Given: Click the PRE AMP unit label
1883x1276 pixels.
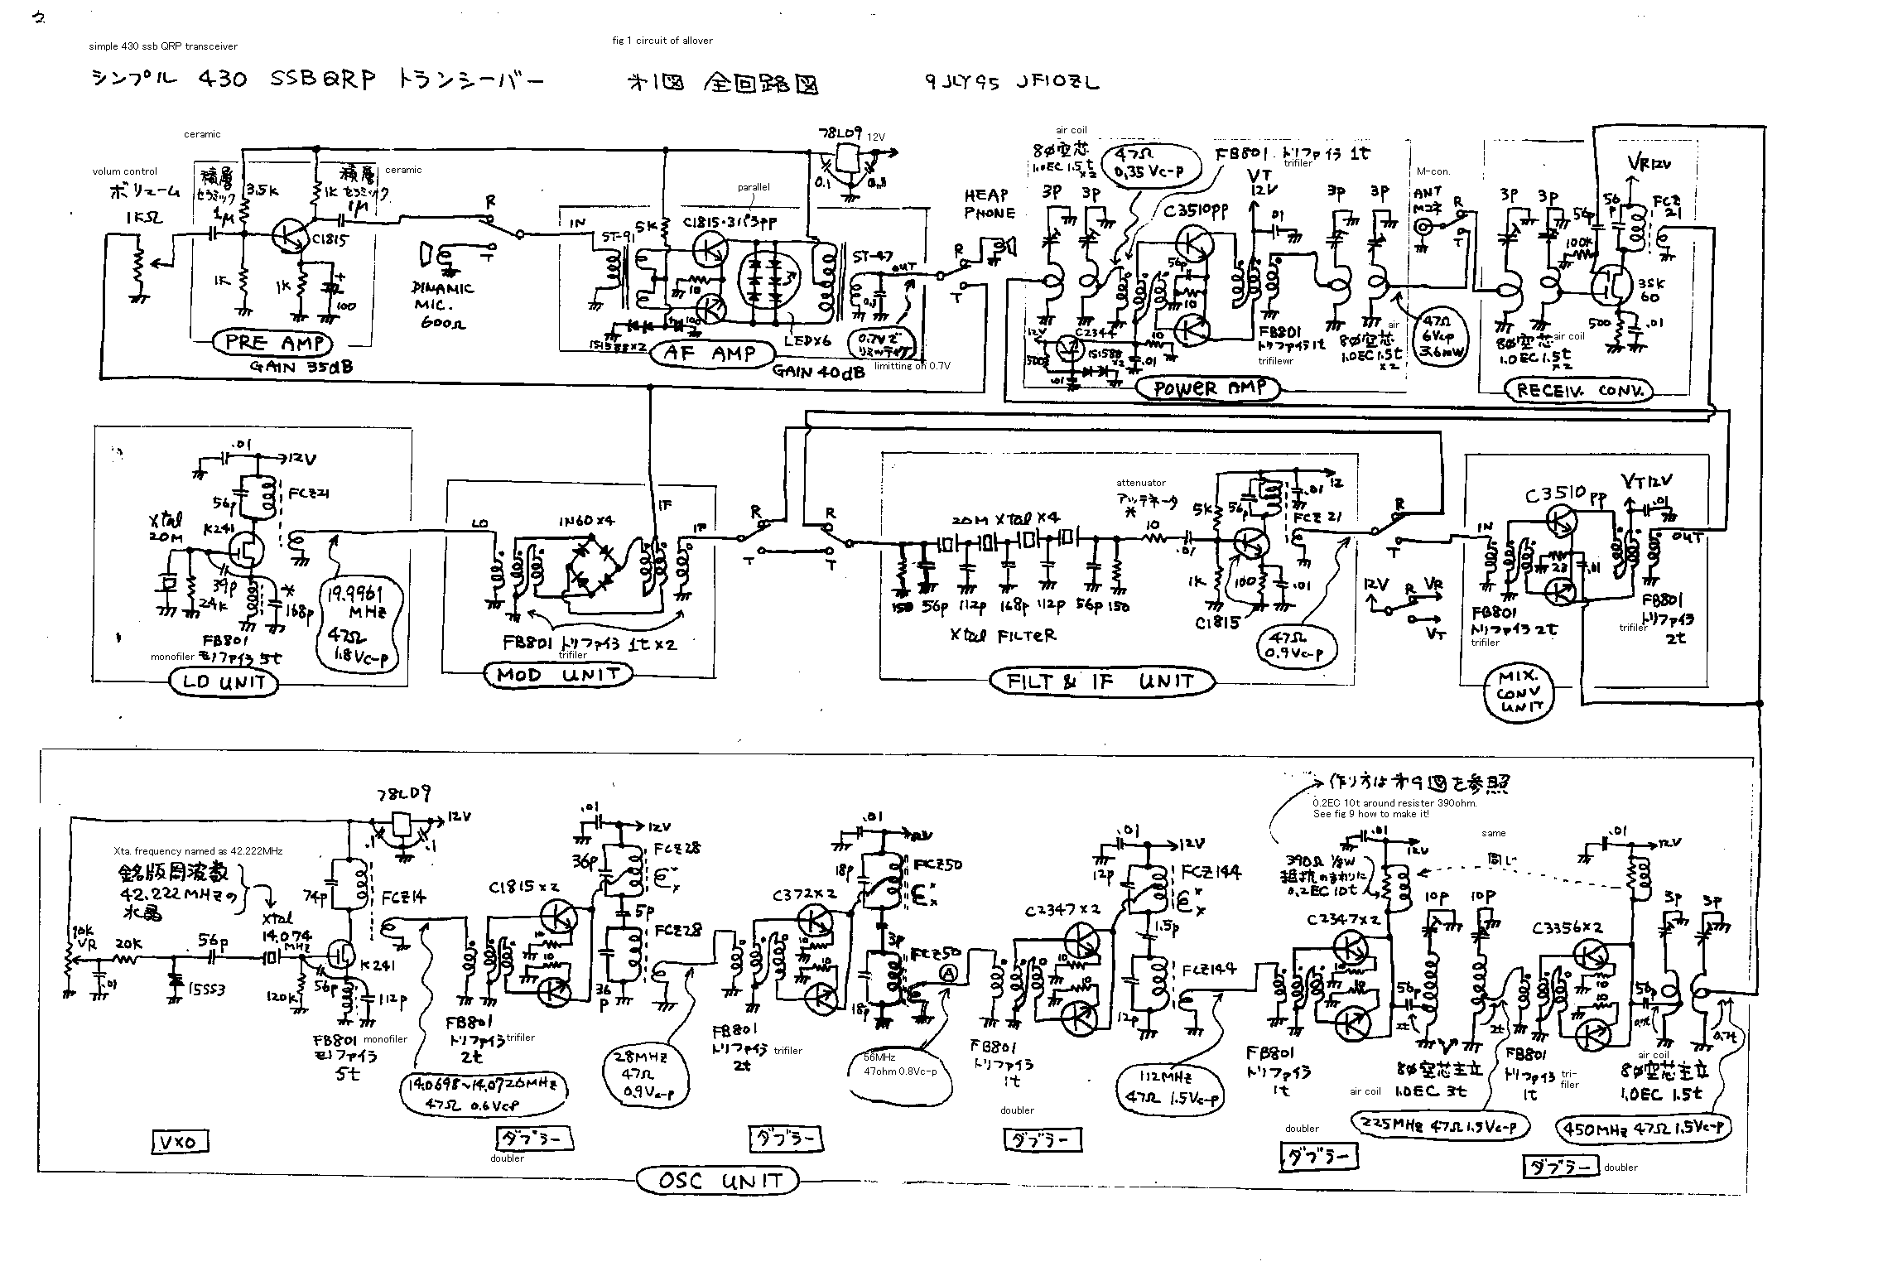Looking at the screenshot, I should click(x=272, y=342).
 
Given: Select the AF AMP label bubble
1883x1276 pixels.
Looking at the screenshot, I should click(x=710, y=354).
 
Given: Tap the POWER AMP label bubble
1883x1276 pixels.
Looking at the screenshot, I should click(x=1209, y=388).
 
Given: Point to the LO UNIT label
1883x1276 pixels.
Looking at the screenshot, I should click(x=224, y=682).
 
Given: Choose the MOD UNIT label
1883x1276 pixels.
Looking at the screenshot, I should click(x=557, y=675).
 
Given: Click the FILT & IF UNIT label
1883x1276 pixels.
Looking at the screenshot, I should click(x=1102, y=681).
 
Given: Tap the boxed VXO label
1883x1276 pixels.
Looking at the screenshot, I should click(x=180, y=1143).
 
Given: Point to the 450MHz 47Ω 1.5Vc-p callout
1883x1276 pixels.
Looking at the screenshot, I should click(x=1644, y=1128).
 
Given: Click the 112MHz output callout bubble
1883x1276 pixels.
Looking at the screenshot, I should click(x=1170, y=1089).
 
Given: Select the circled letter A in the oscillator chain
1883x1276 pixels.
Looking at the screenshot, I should click(x=948, y=975).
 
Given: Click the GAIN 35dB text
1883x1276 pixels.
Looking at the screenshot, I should click(x=301, y=366).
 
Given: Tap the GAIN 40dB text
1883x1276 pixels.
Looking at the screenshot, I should click(x=818, y=372).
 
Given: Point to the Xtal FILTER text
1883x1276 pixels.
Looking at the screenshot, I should click(x=1003, y=636).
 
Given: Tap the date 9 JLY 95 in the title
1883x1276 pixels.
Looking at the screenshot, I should click(x=963, y=83).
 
